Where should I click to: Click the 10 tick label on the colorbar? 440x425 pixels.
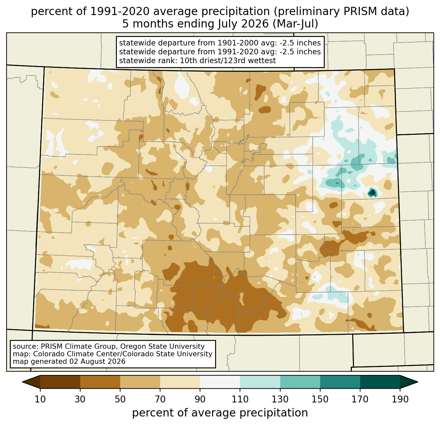click(x=40, y=399)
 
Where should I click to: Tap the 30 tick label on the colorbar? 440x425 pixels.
click(x=80, y=399)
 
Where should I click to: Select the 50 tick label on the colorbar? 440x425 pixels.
click(x=120, y=399)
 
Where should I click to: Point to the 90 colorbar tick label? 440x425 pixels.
click(x=200, y=399)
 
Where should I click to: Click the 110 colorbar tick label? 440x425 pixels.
click(x=240, y=399)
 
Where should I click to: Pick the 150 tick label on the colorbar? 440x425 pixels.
click(x=320, y=399)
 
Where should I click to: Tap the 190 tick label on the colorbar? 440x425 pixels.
click(x=400, y=399)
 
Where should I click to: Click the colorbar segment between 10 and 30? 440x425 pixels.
click(x=60, y=382)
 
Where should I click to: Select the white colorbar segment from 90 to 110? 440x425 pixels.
click(x=220, y=382)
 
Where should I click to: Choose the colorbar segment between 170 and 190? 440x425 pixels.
click(x=380, y=382)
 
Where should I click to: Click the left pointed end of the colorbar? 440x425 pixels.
click(x=22, y=382)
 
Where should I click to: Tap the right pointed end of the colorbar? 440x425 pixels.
click(x=418, y=382)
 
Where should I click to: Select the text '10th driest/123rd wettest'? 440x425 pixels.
click(x=228, y=61)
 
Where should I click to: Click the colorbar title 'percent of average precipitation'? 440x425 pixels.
click(x=220, y=413)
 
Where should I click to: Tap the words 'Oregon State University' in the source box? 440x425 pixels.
click(x=162, y=346)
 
